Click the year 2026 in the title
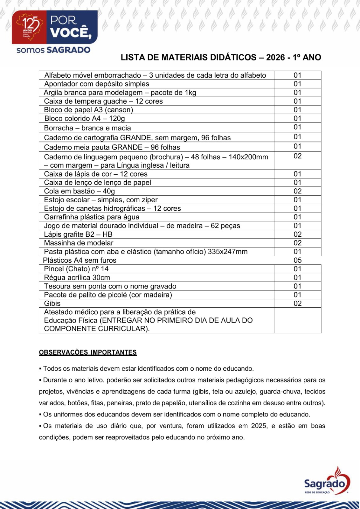click(x=275, y=58)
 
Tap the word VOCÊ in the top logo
click(x=71, y=32)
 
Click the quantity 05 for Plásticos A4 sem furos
click(x=297, y=260)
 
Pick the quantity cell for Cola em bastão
click(x=297, y=191)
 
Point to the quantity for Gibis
click(x=297, y=303)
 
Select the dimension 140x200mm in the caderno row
click(x=248, y=157)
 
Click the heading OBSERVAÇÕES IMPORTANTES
click(x=88, y=352)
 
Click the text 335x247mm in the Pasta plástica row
click(x=228, y=252)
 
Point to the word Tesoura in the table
click(x=56, y=286)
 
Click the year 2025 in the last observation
click(x=259, y=426)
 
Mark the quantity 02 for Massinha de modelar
click(x=297, y=243)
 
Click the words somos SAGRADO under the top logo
click(x=53, y=50)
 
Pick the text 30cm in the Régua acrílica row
click(x=101, y=278)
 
